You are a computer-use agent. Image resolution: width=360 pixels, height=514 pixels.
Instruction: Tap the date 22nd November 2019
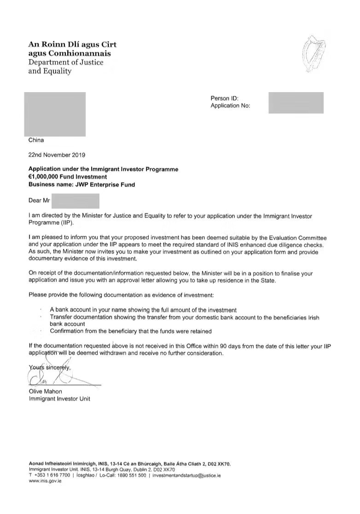[x=57, y=155]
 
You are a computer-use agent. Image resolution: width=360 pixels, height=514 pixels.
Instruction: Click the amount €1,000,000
[x=48, y=176]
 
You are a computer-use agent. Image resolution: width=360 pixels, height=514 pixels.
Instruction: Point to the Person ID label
[x=224, y=98]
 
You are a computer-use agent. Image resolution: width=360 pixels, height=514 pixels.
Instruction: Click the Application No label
[x=230, y=105]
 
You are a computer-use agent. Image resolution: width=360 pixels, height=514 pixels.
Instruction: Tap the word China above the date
[x=36, y=140]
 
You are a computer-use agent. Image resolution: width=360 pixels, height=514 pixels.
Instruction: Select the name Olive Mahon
[x=45, y=391]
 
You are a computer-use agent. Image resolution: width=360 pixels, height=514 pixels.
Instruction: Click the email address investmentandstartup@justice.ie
[x=186, y=475]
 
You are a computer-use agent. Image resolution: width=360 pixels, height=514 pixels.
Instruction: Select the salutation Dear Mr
[x=39, y=200]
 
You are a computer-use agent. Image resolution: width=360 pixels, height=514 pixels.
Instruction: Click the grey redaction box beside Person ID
[x=296, y=102]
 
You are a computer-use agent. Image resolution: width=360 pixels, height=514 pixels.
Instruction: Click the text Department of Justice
[x=66, y=62]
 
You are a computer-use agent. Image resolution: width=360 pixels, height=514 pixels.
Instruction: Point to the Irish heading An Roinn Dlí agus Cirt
[x=72, y=45]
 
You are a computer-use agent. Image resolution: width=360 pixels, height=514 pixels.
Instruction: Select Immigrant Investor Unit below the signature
[x=59, y=398]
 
